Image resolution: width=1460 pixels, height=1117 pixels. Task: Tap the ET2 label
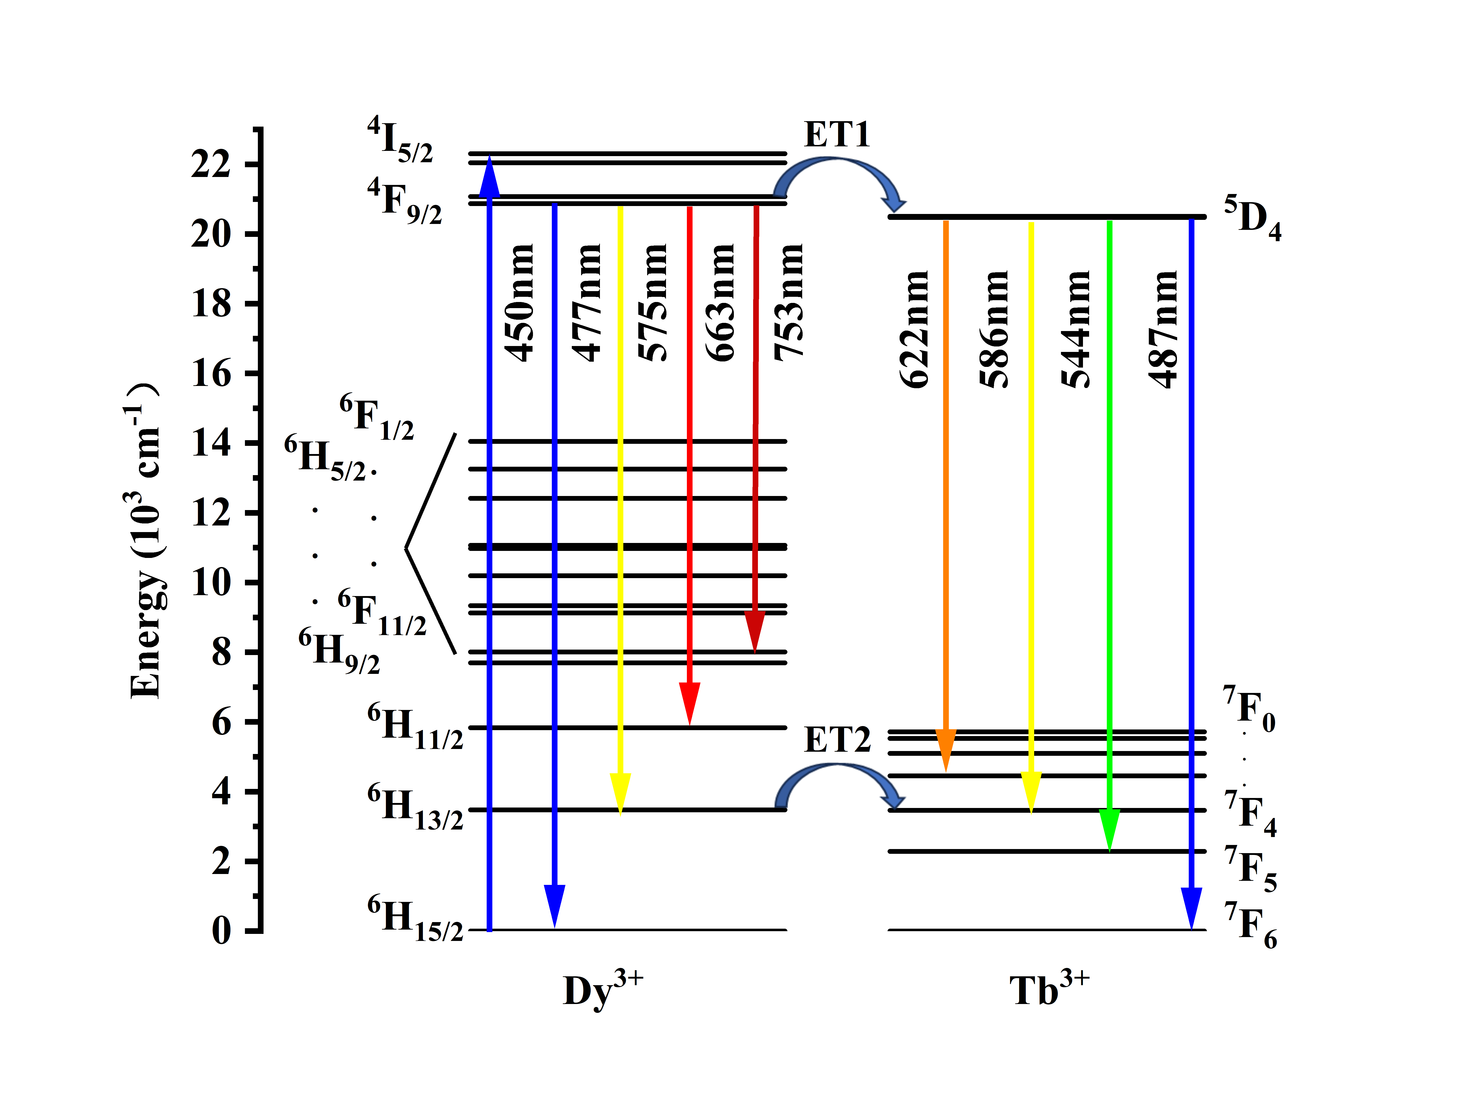(837, 739)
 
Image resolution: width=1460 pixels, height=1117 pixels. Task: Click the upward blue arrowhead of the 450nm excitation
(490, 178)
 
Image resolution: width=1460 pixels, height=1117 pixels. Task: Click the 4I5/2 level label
(400, 140)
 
